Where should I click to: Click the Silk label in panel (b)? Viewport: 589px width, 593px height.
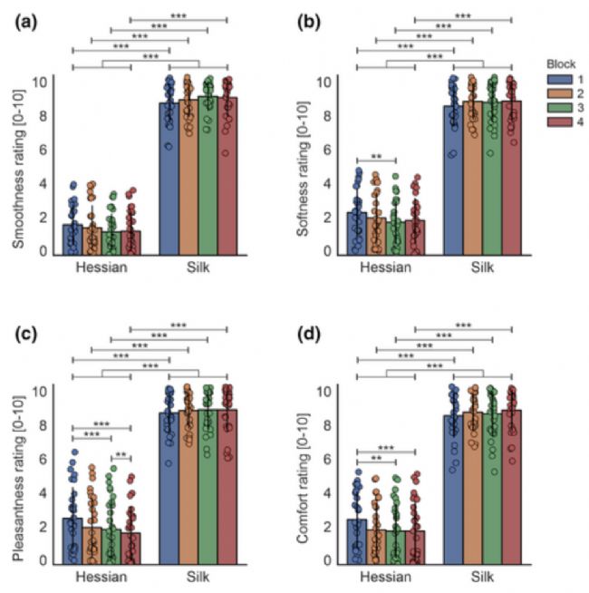coord(481,268)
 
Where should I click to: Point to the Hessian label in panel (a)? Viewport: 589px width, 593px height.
coord(101,268)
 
